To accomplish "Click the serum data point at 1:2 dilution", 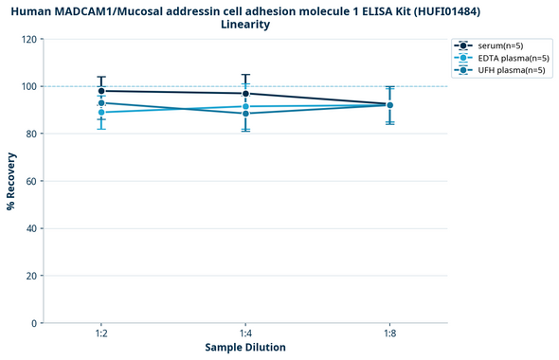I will click(x=101, y=91).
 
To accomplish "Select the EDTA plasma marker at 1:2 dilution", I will click(x=101, y=113).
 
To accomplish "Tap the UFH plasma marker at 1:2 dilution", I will click(x=101, y=102).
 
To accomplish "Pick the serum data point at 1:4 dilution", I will click(x=245, y=94).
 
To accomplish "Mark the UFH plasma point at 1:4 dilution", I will click(x=245, y=114).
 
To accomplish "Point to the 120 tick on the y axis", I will click(x=28, y=40).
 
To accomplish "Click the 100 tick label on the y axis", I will click(x=28, y=87).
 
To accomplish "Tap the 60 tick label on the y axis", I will click(x=31, y=181).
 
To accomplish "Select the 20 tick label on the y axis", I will click(x=31, y=276).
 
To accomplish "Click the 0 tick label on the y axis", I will click(x=34, y=323).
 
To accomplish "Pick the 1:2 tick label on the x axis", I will click(x=101, y=333).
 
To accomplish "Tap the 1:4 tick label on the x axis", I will click(x=245, y=333).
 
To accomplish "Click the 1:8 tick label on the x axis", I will click(x=389, y=333).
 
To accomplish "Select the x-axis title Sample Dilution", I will click(x=245, y=348).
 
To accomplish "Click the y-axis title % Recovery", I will click(x=11, y=180).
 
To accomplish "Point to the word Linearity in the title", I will click(x=245, y=25).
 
